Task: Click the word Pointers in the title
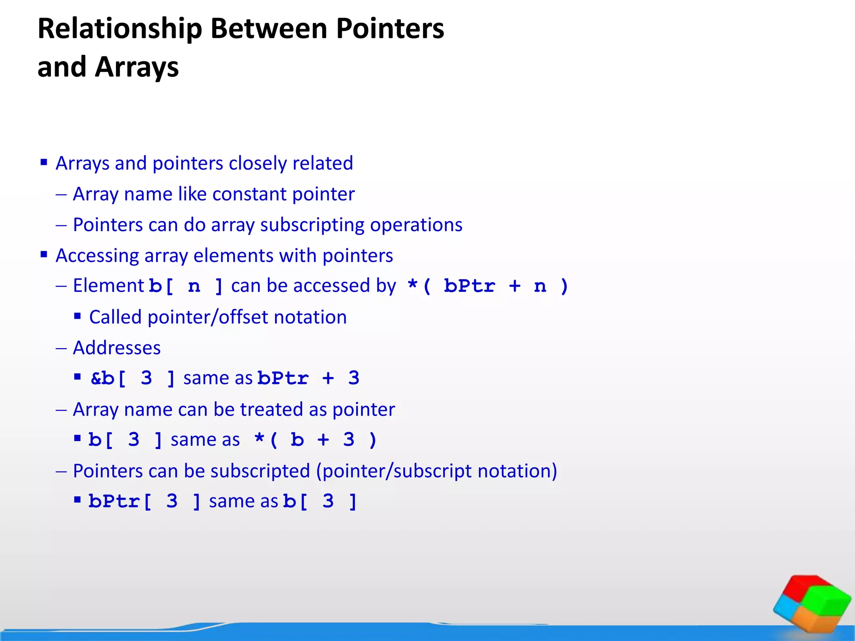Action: click(x=390, y=29)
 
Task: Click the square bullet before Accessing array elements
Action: click(x=44, y=254)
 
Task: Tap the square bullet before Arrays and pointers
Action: click(x=44, y=162)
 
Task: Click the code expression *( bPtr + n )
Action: click(x=488, y=286)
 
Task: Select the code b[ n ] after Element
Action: click(x=186, y=286)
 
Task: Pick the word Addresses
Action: click(x=116, y=348)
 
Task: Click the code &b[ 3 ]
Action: click(x=133, y=379)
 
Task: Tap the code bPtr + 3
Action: click(x=308, y=379)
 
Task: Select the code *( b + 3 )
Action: click(x=316, y=440)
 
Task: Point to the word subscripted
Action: click(x=260, y=471)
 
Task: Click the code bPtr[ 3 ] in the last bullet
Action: click(x=144, y=501)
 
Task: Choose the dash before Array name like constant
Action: click(x=61, y=194)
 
